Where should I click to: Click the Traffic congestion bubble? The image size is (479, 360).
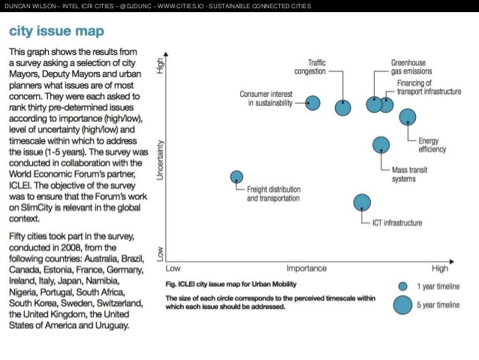343,107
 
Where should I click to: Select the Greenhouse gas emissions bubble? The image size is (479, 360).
374,104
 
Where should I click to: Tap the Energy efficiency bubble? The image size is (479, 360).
408,116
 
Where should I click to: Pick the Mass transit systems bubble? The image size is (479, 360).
381,145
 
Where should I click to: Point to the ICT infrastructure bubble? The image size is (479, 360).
363,201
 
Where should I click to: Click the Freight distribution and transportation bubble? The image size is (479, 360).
236,177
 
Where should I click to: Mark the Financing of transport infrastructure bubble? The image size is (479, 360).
387,104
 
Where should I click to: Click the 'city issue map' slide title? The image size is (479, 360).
56,32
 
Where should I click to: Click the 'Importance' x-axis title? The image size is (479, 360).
306,268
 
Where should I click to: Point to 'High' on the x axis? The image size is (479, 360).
439,268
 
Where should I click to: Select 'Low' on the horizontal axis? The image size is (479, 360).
173,268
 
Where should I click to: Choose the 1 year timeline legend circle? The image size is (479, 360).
402,286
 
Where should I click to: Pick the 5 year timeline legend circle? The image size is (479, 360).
402,304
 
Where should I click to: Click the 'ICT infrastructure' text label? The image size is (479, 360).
397,223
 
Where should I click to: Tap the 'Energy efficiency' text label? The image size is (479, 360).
432,145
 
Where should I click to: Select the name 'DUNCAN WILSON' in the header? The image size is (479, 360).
28,7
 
